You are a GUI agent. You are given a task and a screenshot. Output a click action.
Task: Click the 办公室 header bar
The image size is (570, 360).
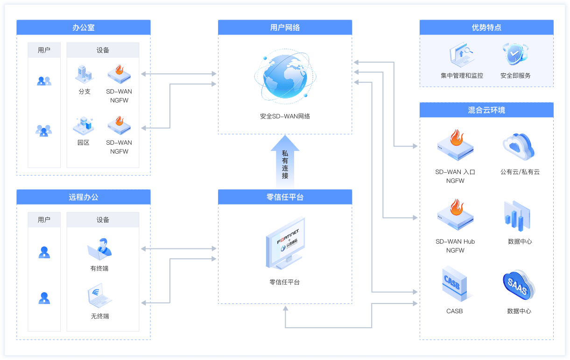(84, 28)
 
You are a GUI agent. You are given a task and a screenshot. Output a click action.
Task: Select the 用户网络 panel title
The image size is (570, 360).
(285, 28)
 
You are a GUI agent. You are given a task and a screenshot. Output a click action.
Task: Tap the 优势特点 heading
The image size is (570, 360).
(486, 28)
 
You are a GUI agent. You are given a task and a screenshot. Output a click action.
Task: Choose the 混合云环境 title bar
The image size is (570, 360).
(486, 110)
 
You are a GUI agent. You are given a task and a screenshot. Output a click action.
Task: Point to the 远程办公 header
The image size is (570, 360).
(84, 197)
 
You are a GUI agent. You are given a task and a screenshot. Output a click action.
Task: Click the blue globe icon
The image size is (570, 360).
(285, 78)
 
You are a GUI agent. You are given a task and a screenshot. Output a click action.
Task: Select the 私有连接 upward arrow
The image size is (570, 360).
(285, 161)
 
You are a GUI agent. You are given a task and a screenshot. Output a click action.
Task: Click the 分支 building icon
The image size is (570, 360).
(84, 74)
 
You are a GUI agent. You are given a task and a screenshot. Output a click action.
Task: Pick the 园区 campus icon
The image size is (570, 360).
(84, 125)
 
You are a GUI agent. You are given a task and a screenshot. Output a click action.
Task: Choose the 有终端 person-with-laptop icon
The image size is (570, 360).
(100, 249)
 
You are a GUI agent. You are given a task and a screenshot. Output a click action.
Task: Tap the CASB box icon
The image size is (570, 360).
(455, 284)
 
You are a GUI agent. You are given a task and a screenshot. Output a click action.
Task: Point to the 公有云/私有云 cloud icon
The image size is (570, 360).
(519, 146)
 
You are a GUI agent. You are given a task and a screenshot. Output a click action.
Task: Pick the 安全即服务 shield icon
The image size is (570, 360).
(515, 55)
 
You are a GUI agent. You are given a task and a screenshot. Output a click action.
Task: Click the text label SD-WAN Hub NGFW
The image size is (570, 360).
(455, 246)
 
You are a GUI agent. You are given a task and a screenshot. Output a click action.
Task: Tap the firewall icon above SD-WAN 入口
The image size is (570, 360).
(455, 145)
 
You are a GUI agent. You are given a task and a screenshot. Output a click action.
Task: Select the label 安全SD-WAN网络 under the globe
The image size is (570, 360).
(285, 116)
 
